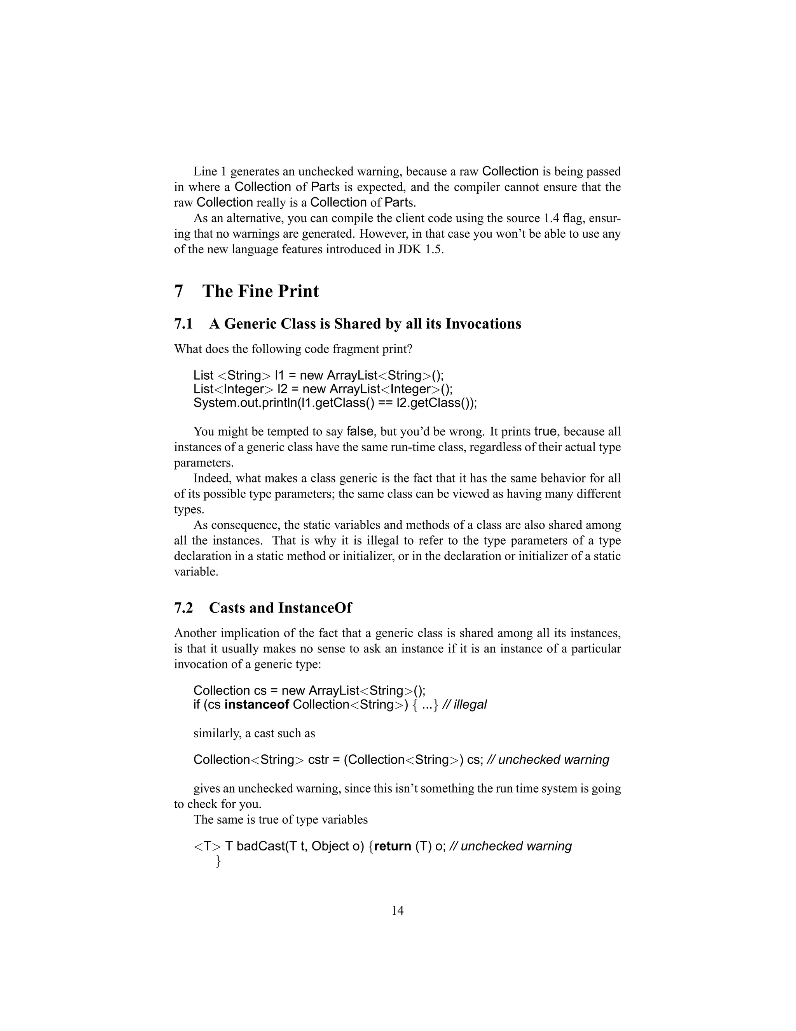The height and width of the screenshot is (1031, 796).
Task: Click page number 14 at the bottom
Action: pyautogui.click(x=398, y=911)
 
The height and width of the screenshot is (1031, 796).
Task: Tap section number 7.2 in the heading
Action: pyautogui.click(x=183, y=608)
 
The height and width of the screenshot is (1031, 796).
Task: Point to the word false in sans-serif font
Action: pyautogui.click(x=360, y=431)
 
